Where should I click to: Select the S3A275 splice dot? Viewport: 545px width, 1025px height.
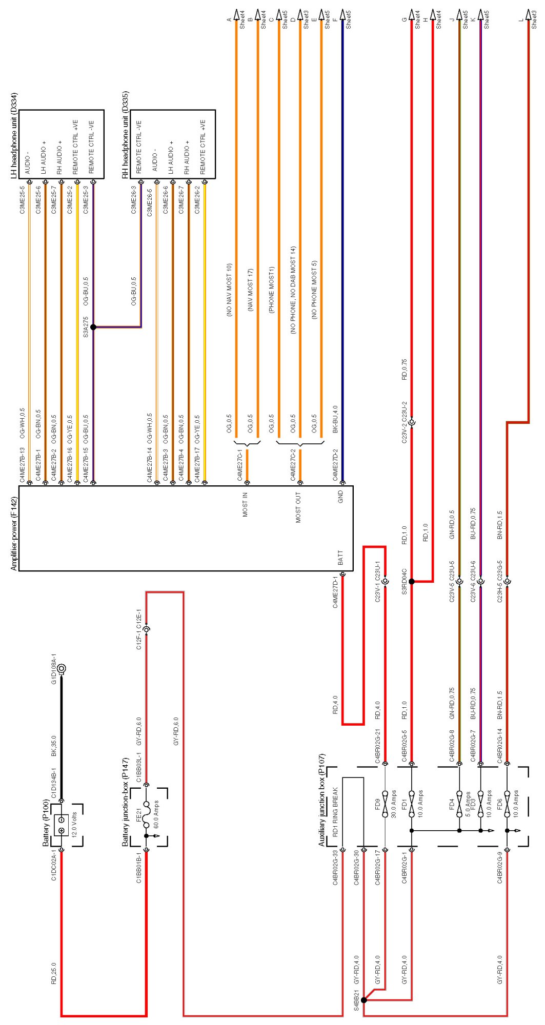coord(93,327)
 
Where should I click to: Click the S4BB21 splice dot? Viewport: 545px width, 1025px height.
coord(364,1000)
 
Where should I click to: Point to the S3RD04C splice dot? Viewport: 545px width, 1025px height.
coord(411,582)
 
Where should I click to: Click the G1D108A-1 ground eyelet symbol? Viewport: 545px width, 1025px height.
coord(62,668)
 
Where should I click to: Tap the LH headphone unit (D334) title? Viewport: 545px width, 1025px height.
coord(14,136)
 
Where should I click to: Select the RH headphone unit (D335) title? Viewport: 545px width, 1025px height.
coord(125,135)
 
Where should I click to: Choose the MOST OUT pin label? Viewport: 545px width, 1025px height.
coord(298,507)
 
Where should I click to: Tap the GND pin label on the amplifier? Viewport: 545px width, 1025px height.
coord(340,496)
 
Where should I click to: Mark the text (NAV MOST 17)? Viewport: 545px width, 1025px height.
coord(251,290)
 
